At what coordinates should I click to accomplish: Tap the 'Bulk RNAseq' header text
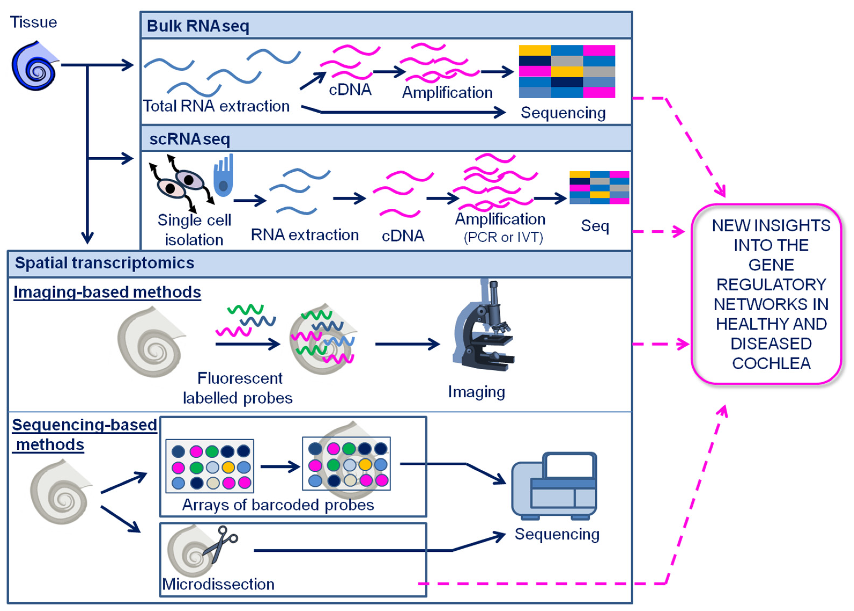click(198, 26)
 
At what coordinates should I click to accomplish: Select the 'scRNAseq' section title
click(190, 139)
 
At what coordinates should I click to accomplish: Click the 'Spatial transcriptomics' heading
click(105, 263)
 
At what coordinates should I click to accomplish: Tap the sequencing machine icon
click(554, 485)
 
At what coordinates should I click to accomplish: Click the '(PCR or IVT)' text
click(503, 237)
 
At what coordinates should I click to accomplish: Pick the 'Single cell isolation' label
click(194, 230)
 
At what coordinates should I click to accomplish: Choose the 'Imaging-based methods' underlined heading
click(107, 292)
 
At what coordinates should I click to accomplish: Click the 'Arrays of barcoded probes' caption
click(278, 505)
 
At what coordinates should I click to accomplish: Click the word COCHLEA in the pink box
click(771, 363)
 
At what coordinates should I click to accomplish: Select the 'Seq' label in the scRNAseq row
click(595, 226)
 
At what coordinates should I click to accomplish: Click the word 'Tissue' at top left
click(34, 22)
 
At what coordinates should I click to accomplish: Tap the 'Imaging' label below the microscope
click(476, 392)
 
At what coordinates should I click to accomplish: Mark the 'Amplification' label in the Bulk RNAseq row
click(447, 93)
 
